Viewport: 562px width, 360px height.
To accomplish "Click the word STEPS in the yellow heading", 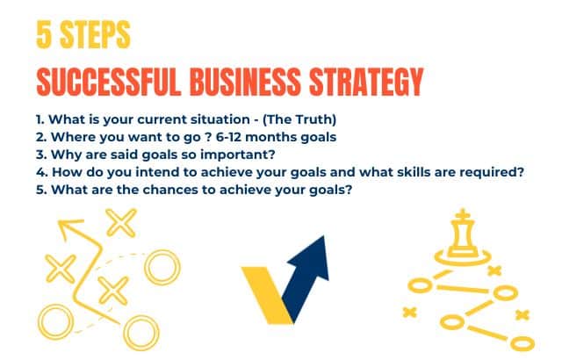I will coord(93,34).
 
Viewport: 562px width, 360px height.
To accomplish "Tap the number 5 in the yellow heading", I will coord(45,34).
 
